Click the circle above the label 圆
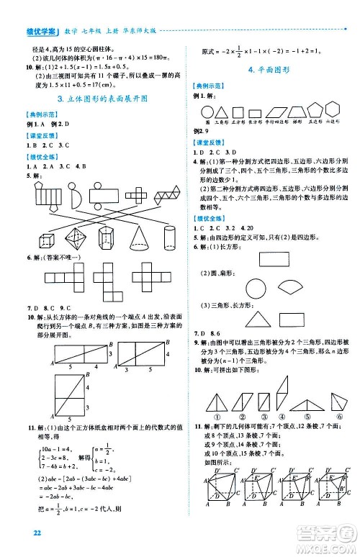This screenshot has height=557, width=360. tap(207, 112)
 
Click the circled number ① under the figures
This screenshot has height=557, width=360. tap(216, 416)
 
